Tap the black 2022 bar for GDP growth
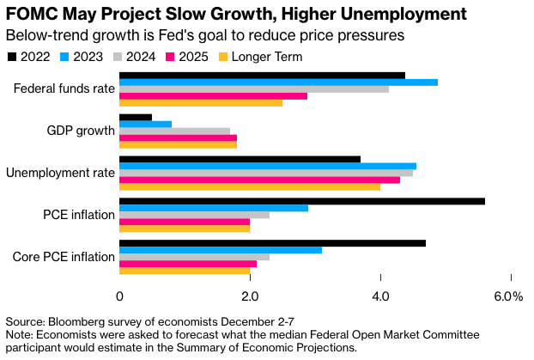tap(136, 117)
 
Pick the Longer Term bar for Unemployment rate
tap(249, 186)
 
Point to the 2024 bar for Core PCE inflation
tap(194, 257)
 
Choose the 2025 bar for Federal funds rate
tap(213, 96)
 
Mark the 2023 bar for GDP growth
tap(145, 124)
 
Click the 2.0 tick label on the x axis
tap(250, 296)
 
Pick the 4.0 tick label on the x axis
tap(380, 296)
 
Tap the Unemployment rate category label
tap(60, 173)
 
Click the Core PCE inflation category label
tap(64, 257)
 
